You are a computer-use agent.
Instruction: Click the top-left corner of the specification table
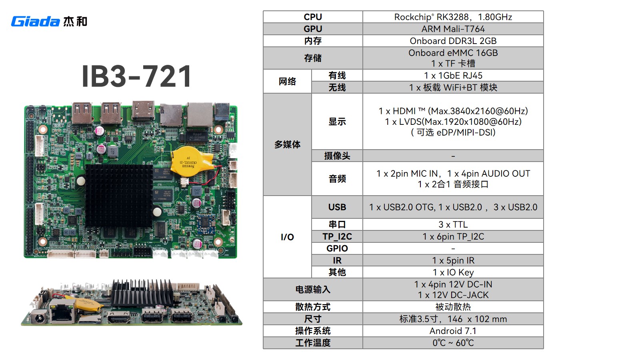[x=263, y=11]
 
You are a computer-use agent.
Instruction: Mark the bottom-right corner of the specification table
[x=544, y=348]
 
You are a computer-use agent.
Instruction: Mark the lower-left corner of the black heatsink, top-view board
[x=86, y=228]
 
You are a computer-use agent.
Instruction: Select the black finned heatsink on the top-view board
[x=119, y=196]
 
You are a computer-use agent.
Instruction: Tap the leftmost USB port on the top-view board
[x=82, y=113]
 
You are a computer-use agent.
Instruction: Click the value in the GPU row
[x=453, y=29]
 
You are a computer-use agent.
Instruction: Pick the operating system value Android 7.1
[x=453, y=331]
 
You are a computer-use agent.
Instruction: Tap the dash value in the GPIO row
[x=453, y=248]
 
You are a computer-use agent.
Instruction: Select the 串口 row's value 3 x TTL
[x=453, y=224]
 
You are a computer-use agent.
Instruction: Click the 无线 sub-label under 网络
[x=337, y=88]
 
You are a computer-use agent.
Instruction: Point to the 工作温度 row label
[x=313, y=343]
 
